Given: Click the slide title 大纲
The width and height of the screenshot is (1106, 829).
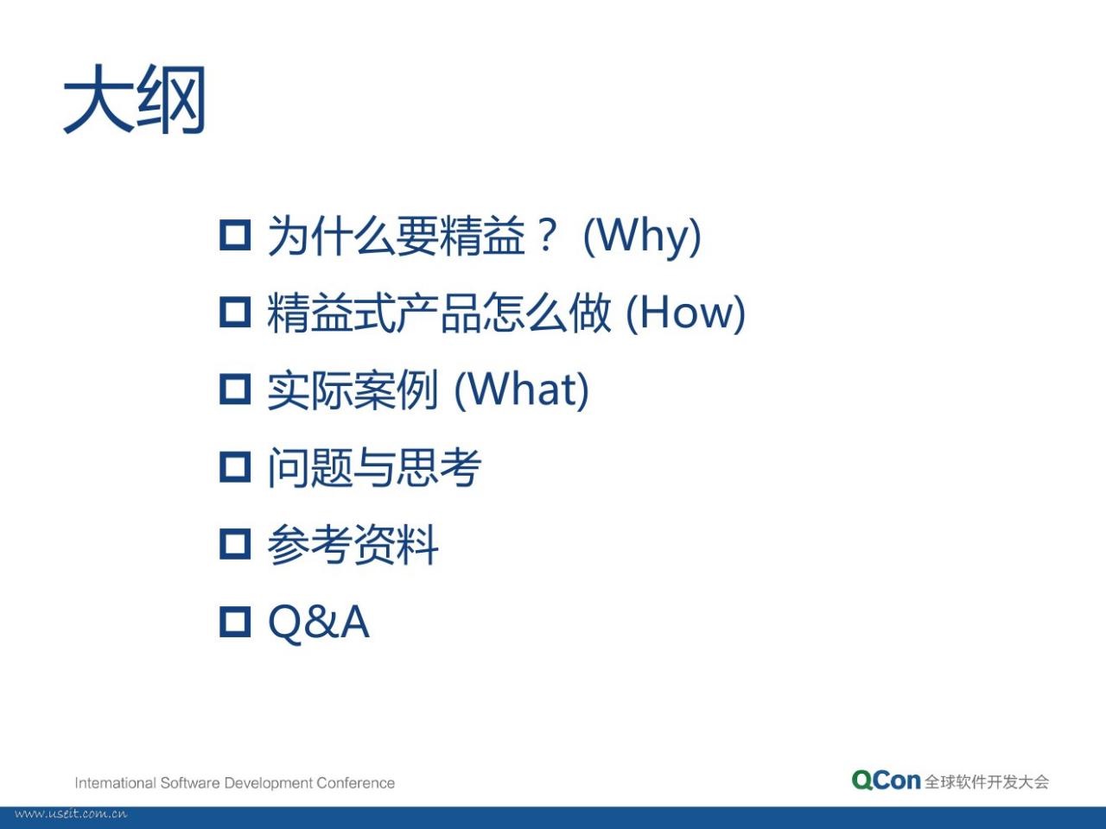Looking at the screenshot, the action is [135, 99].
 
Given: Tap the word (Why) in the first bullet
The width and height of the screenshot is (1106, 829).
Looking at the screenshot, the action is [642, 237].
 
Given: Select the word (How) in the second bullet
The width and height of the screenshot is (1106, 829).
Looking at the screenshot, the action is [685, 313].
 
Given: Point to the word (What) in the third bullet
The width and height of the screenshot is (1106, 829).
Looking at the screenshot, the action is [522, 390].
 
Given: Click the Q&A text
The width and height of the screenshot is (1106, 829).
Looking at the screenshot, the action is [319, 623].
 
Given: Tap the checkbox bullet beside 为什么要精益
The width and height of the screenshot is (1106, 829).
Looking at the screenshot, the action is [235, 235].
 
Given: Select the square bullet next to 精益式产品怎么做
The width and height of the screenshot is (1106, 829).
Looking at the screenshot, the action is [235, 312].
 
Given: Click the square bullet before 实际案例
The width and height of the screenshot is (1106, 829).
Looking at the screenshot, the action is [235, 389].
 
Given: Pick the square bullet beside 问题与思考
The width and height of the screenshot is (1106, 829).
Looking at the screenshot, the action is [235, 467].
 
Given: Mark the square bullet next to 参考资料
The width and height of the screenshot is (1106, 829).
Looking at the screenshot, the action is [235, 544].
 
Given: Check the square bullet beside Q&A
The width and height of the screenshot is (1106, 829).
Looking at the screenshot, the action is [235, 622].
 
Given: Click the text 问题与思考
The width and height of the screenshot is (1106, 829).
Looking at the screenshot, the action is [374, 467].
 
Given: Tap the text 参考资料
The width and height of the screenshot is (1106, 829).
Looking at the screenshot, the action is [353, 545].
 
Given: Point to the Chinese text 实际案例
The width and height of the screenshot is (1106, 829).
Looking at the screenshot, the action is [353, 390].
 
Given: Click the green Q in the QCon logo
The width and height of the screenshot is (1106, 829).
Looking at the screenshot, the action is [862, 780].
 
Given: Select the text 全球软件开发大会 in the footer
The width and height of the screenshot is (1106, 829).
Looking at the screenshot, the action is [987, 782].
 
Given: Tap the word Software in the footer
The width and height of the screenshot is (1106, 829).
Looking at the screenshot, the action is [190, 783].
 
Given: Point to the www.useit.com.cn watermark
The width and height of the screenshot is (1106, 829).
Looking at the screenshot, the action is [71, 814].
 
